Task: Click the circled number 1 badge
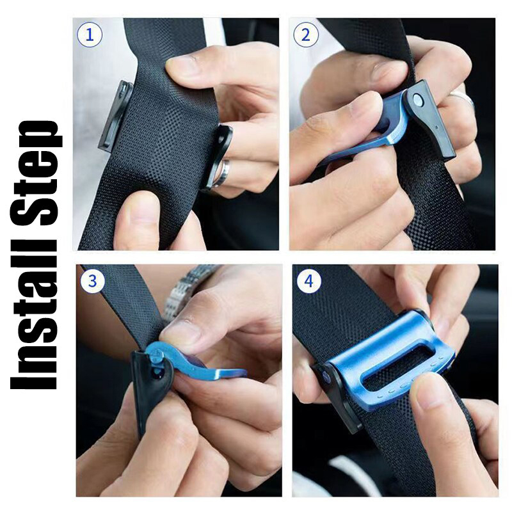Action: (x=90, y=35)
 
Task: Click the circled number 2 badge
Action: (x=306, y=35)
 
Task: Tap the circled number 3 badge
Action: (x=93, y=280)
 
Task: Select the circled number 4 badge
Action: (x=309, y=280)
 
